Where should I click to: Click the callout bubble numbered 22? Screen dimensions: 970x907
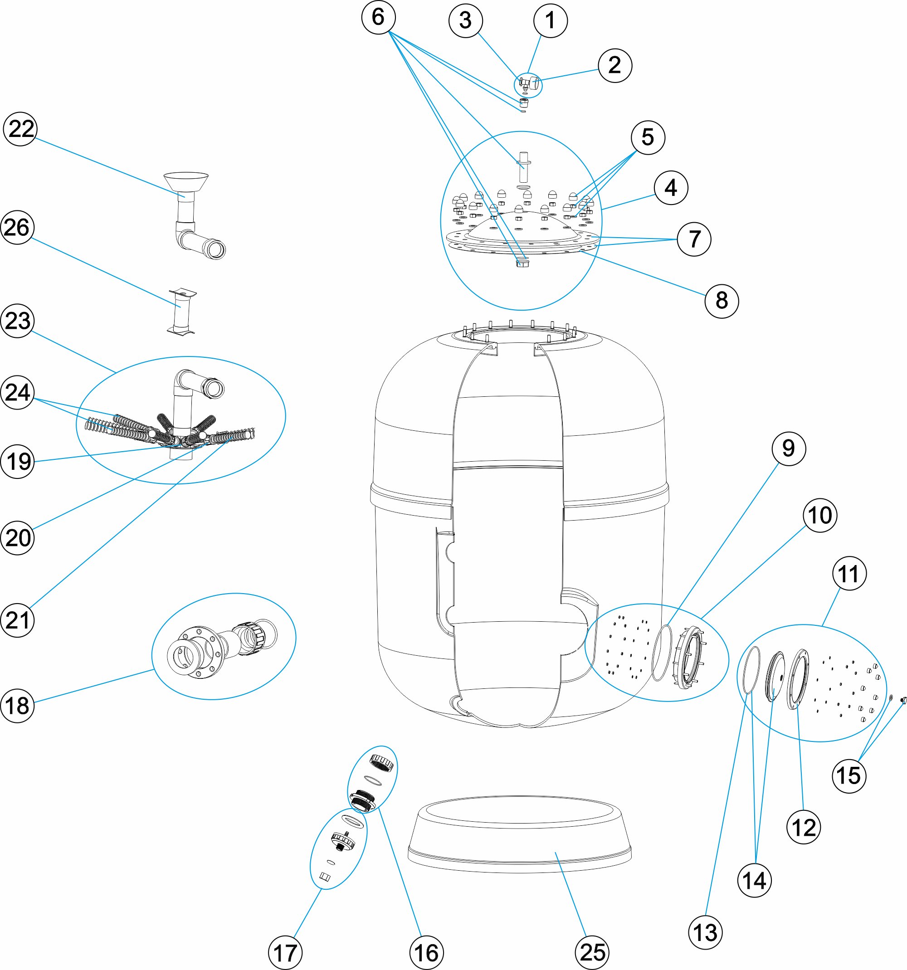[20, 129]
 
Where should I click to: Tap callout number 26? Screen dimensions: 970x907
[18, 227]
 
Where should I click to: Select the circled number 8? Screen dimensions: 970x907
[722, 301]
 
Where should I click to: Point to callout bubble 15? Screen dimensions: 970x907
[849, 776]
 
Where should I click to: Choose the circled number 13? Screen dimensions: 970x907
[705, 932]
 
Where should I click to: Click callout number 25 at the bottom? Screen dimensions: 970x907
[593, 952]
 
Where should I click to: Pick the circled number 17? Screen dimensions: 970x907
[285, 952]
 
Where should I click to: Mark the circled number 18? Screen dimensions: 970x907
[18, 706]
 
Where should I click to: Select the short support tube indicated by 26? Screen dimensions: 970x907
[181, 311]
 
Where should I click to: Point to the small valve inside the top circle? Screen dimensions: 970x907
[528, 84]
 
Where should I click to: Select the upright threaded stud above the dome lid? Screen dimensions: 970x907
[523, 166]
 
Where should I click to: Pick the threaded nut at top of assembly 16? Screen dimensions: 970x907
[381, 762]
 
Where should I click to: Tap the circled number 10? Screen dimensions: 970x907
[819, 515]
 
